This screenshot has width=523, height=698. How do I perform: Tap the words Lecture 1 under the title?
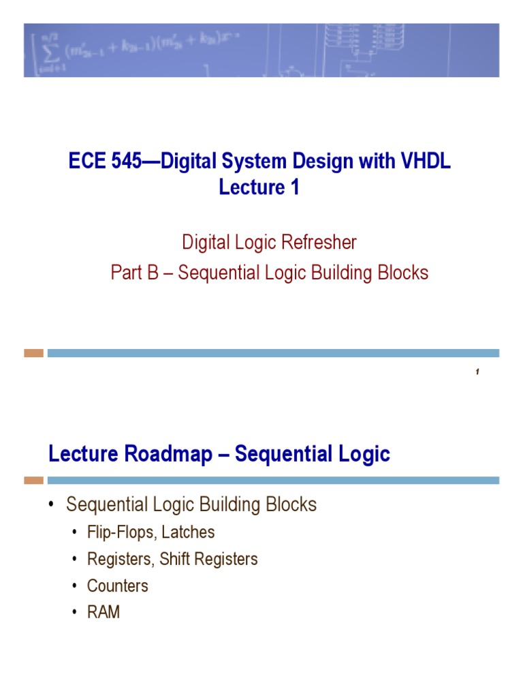(259, 187)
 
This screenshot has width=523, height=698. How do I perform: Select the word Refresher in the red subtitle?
(315, 242)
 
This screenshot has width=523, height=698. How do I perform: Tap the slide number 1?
(478, 371)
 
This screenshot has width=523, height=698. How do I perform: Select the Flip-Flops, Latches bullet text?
(150, 532)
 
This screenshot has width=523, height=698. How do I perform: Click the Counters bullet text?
(117, 586)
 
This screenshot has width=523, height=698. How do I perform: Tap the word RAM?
(104, 612)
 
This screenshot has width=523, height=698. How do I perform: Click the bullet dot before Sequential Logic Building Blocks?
(51, 505)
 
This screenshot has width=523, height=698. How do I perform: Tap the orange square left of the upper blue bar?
(33, 353)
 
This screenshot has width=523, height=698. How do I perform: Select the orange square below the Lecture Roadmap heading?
(33, 481)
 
